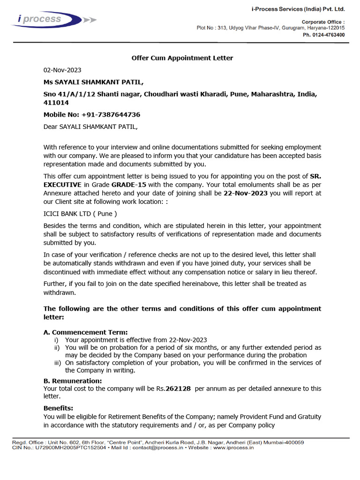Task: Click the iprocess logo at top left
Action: (47, 20)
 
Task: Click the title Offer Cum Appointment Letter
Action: (182, 58)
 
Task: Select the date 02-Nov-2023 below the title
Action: (62, 70)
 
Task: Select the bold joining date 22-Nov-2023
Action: (246, 193)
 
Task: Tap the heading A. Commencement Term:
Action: (85, 332)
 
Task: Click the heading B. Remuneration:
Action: (73, 381)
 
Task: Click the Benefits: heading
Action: (58, 408)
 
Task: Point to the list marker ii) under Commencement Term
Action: (58, 348)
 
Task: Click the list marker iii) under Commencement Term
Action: (58, 363)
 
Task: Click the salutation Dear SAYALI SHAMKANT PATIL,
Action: (91, 127)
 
